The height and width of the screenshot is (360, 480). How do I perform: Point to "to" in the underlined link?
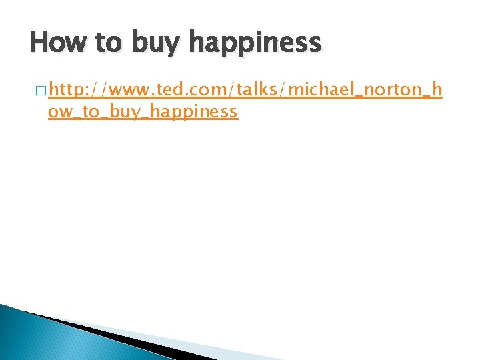90,111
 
